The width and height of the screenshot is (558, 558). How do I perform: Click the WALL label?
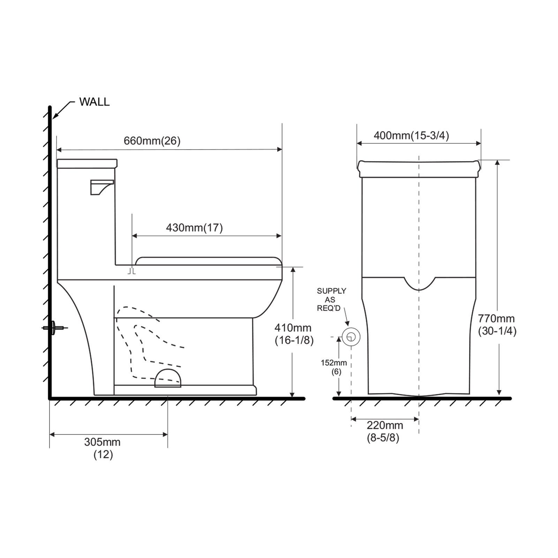click(x=94, y=102)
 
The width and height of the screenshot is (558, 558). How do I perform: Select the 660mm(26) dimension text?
click(x=152, y=141)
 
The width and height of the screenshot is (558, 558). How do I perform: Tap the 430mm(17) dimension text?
click(x=194, y=228)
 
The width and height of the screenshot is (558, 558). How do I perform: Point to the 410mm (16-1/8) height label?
click(x=294, y=334)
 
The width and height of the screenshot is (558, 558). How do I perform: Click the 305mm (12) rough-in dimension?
click(x=103, y=448)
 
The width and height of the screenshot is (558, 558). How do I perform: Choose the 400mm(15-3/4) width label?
click(x=412, y=135)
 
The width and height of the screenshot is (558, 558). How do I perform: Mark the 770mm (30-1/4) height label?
click(x=497, y=324)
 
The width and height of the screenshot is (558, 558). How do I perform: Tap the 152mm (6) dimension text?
click(x=334, y=367)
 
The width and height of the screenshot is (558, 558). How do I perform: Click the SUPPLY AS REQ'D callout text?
click(x=331, y=300)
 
